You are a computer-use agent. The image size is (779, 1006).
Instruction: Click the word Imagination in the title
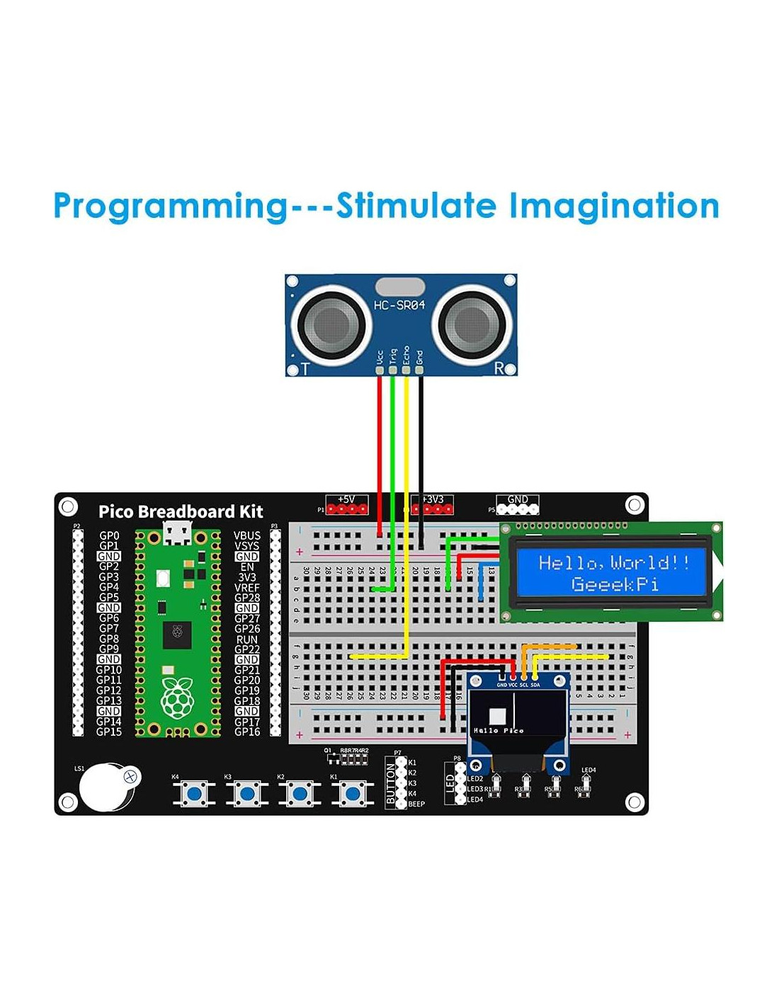(x=614, y=206)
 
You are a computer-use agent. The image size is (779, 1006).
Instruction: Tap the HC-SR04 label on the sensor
(x=399, y=305)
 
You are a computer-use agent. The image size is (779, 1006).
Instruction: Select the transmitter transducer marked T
(x=331, y=325)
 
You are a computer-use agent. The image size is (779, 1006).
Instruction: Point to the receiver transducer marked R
(x=471, y=325)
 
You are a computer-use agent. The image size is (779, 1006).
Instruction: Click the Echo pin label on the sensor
(x=406, y=355)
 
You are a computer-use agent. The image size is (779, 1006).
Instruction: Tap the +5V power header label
(x=346, y=499)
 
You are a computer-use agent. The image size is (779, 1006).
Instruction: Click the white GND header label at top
(x=518, y=499)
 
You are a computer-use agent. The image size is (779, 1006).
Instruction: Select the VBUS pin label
(x=247, y=536)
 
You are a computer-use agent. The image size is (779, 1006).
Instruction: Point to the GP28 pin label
(x=247, y=598)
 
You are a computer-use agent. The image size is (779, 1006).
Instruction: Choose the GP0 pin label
(x=109, y=536)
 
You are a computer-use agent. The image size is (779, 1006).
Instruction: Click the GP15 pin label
(x=109, y=732)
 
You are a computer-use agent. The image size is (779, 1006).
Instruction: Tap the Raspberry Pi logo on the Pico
(x=177, y=698)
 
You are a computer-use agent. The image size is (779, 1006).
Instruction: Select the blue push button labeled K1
(x=352, y=794)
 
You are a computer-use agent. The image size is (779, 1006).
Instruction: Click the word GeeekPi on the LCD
(x=615, y=584)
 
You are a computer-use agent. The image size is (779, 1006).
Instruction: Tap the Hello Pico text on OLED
(x=499, y=730)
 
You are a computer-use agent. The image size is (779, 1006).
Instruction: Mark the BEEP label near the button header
(x=416, y=804)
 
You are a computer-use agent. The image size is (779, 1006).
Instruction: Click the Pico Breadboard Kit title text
(x=181, y=511)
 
